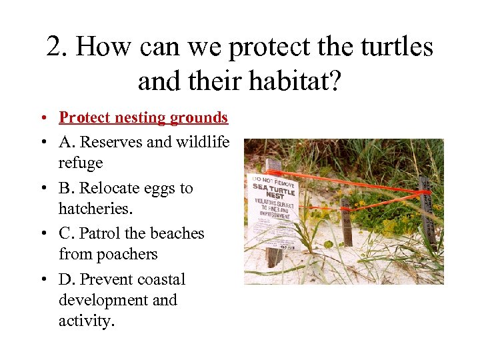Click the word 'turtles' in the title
click(x=393, y=47)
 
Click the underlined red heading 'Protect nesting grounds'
click(x=143, y=118)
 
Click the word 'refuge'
click(x=81, y=163)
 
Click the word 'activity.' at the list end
click(x=87, y=321)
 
